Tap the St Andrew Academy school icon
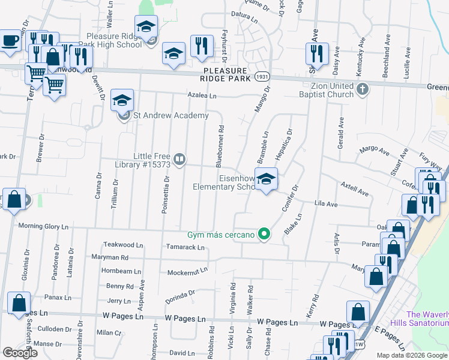pos(122,100)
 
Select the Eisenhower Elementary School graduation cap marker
pos(266,179)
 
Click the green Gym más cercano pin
pos(263,235)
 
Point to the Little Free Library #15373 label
pos(144,160)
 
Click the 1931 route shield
pos(262,78)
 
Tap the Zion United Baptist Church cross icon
pos(361,89)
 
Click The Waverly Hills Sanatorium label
pos(427,319)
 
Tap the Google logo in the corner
pos(20,353)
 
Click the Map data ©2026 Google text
pos(412,355)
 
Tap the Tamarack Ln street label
pos(187,247)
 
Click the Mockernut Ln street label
pos(187,271)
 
